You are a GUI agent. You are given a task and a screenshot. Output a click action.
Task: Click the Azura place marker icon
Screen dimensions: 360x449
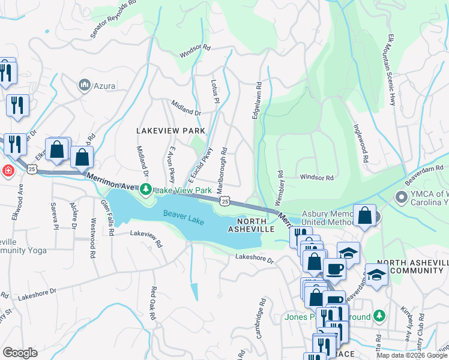click(x=83, y=86)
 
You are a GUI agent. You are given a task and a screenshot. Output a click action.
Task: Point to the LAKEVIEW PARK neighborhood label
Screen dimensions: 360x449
click(x=170, y=130)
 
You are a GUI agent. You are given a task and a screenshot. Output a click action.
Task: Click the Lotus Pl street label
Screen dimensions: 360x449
click(x=215, y=92)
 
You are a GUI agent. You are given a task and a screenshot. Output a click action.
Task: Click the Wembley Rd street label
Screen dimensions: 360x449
click(x=279, y=187)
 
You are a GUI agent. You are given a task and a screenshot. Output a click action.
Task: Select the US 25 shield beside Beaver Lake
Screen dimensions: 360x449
click(x=224, y=203)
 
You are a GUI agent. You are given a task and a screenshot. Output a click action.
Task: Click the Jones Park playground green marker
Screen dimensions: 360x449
click(x=379, y=315)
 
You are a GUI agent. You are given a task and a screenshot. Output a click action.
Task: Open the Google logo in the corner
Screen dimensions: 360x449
click(x=20, y=353)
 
